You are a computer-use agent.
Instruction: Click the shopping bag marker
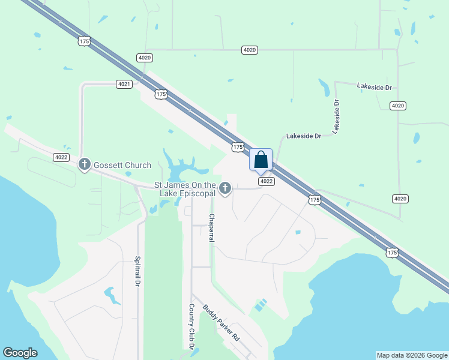[261, 160]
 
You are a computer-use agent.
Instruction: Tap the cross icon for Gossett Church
[85, 163]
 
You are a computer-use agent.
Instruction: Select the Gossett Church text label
[118, 163]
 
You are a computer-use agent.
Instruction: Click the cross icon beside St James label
[225, 188]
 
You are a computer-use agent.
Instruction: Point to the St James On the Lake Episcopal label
[185, 189]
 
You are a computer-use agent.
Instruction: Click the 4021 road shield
[124, 84]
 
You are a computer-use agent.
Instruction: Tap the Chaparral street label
[211, 227]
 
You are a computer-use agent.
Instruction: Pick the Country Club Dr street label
[191, 326]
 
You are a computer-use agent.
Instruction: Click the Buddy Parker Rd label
[221, 323]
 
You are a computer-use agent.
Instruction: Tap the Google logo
[20, 353]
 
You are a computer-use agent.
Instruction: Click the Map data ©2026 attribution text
[411, 355]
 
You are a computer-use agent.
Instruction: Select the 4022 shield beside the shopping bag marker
[266, 181]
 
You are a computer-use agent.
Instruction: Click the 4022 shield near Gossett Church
[61, 157]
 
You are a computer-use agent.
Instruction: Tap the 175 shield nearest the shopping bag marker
[238, 146]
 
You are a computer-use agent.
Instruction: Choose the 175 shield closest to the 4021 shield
[160, 94]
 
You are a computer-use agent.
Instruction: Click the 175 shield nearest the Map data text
[391, 253]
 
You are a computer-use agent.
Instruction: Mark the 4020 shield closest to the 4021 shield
[144, 58]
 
